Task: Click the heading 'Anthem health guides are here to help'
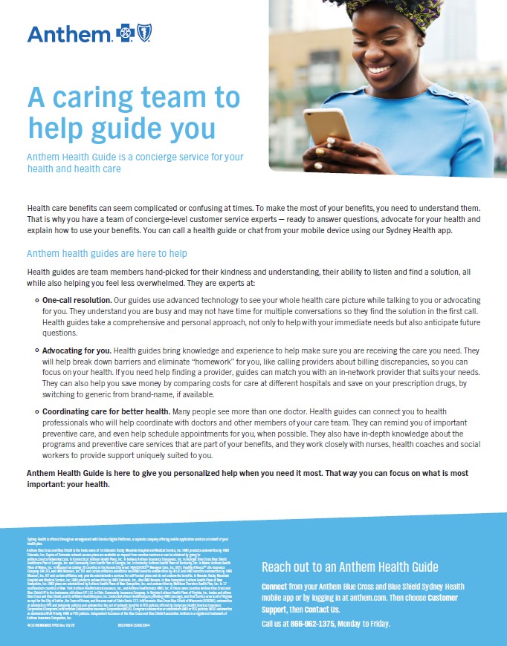pyautogui.click(x=107, y=254)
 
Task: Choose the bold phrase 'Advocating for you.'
pyautogui.click(x=77, y=350)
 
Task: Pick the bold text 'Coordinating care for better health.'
pyautogui.click(x=106, y=411)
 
